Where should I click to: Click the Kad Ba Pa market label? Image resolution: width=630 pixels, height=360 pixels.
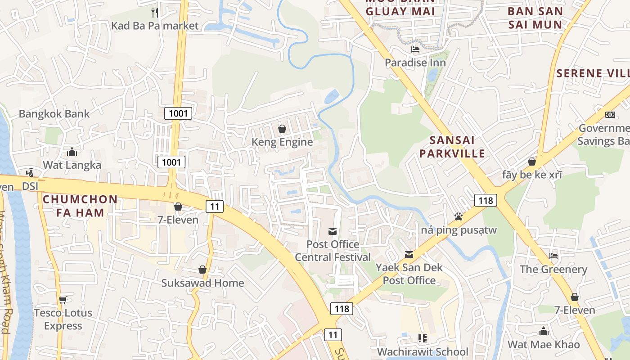pyautogui.click(x=155, y=26)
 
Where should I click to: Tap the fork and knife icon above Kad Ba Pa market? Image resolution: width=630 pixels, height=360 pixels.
pyautogui.click(x=155, y=12)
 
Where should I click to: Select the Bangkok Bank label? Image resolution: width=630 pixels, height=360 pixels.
pyautogui.click(x=54, y=114)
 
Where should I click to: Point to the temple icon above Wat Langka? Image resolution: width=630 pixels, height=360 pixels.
pyautogui.click(x=72, y=152)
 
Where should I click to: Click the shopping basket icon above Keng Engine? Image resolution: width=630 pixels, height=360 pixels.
pyautogui.click(x=282, y=129)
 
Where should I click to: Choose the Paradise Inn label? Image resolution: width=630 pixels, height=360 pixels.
pyautogui.click(x=415, y=63)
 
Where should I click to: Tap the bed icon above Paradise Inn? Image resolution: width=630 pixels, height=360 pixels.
pyautogui.click(x=415, y=49)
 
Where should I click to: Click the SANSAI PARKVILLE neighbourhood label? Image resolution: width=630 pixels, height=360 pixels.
pyautogui.click(x=452, y=147)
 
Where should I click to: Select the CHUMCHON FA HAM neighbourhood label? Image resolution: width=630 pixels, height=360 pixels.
pyautogui.click(x=80, y=206)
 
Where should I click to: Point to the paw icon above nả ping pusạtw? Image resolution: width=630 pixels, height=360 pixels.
pyautogui.click(x=459, y=217)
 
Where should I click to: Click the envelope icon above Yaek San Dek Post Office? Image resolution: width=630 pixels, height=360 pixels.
pyautogui.click(x=409, y=255)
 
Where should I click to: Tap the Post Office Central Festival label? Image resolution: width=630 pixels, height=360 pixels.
pyautogui.click(x=333, y=251)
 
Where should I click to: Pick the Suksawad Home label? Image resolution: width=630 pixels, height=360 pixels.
pyautogui.click(x=203, y=283)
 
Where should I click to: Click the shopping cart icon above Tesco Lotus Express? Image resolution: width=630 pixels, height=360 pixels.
pyautogui.click(x=63, y=300)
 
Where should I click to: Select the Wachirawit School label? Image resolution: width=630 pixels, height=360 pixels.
pyautogui.click(x=423, y=351)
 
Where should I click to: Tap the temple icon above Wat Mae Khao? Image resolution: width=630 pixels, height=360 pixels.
pyautogui.click(x=544, y=332)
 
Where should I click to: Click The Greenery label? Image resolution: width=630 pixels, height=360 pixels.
pyautogui.click(x=553, y=270)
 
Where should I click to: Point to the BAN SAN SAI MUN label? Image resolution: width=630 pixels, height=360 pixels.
pyautogui.click(x=535, y=18)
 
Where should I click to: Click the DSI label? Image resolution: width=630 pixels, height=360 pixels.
pyautogui.click(x=30, y=186)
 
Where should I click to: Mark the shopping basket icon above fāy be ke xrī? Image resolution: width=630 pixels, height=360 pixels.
pyautogui.click(x=532, y=162)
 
